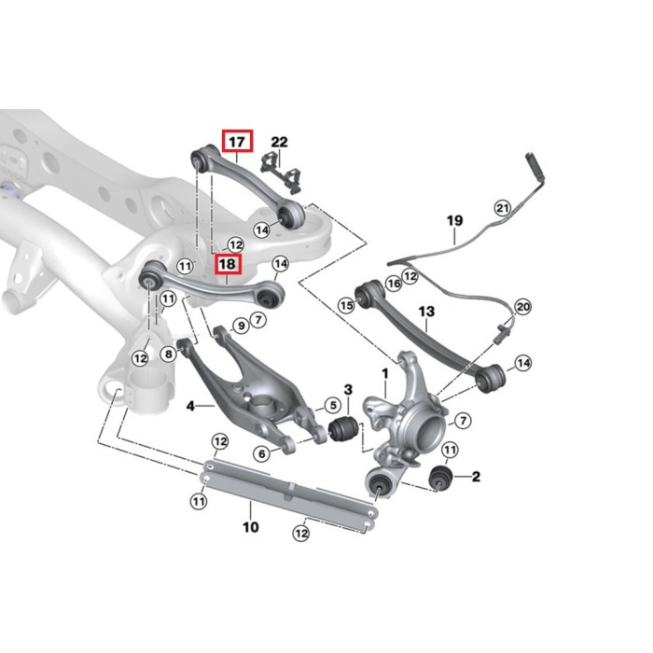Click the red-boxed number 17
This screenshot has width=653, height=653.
[237, 142]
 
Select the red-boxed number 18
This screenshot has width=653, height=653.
[227, 265]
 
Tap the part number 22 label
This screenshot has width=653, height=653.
[279, 142]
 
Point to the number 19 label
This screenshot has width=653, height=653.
[454, 221]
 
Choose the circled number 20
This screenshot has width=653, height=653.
[522, 306]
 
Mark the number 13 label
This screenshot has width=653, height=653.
[426, 311]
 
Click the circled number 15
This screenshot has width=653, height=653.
[346, 303]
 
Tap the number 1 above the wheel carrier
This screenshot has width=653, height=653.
[383, 375]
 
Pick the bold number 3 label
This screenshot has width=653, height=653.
[347, 389]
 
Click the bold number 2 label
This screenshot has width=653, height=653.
[476, 478]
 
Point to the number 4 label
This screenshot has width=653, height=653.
[189, 406]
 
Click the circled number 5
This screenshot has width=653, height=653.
[331, 405]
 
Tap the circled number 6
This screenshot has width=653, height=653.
[262, 453]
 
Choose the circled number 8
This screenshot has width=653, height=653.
[168, 353]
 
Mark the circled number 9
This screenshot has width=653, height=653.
[241, 326]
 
